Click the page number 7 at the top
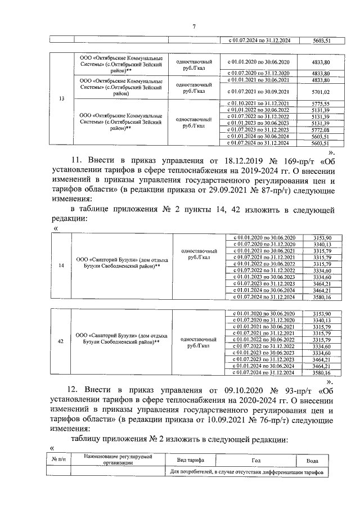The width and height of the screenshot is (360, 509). pos(193,26)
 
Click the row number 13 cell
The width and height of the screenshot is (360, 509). pos(61,99)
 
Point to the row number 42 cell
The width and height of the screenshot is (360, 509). pos(61,340)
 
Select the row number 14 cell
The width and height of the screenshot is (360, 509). pos(61,266)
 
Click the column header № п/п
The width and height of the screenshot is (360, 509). pos(59,460)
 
